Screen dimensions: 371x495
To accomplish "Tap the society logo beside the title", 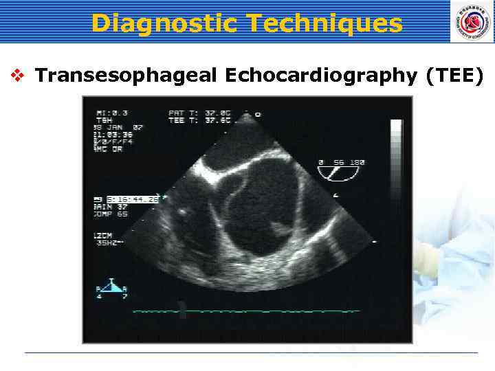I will (472, 21).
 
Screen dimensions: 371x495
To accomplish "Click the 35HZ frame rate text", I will (109, 243).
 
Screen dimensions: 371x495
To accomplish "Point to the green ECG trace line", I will (247, 311).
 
